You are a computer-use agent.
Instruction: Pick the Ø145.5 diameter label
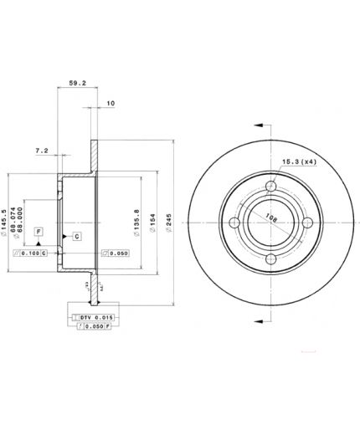pyautogui.click(x=8, y=219)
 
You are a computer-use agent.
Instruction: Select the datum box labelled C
pyautogui.click(x=76, y=237)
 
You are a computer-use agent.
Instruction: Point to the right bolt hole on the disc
pyautogui.click(x=307, y=223)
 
